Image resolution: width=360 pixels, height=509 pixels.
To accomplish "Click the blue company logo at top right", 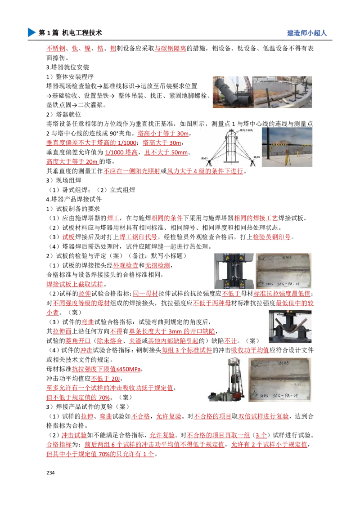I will pyautogui.click(x=306, y=34).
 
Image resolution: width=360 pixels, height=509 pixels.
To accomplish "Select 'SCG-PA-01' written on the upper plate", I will pyautogui.click(x=288, y=284).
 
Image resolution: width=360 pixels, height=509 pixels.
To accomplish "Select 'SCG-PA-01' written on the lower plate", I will pyautogui.click(x=288, y=396).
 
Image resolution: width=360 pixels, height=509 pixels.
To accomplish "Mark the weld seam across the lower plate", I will pyautogui.click(x=280, y=380).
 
